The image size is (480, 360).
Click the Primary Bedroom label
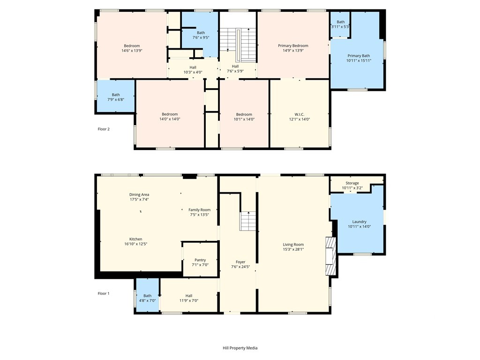[293, 45]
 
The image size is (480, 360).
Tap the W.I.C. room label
[300, 114]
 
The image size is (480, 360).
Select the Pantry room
[200, 260]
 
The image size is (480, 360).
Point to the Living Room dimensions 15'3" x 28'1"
[293, 249]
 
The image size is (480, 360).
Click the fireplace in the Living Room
[330, 256]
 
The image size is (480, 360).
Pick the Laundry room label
[360, 222]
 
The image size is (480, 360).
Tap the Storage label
[352, 183]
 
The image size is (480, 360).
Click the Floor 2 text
[104, 129]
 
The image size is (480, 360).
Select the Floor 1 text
[104, 293]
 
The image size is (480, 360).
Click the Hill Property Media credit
[240, 348]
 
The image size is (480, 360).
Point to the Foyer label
[240, 262]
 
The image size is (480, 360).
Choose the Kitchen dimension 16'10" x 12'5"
[135, 244]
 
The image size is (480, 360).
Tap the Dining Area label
[139, 195]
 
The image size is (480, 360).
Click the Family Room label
[200, 210]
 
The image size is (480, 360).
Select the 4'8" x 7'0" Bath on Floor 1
[148, 295]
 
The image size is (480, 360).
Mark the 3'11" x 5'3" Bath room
[340, 24]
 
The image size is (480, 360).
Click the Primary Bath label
[359, 56]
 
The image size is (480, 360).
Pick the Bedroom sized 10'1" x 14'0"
[244, 113]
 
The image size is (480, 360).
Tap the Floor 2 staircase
[238, 45]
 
